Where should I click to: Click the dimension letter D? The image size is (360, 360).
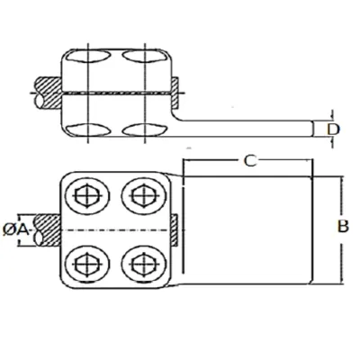pyautogui.click(x=333, y=130)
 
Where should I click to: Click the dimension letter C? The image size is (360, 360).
pyautogui.click(x=250, y=160)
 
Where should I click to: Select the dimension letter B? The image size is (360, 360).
pyautogui.click(x=343, y=227)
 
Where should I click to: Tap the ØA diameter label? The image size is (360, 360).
pyautogui.click(x=16, y=230)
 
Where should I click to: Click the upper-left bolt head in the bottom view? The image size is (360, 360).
pyautogui.click(x=86, y=196)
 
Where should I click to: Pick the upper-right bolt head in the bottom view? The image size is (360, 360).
pyautogui.click(x=144, y=196)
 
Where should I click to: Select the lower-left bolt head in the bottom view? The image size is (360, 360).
pyautogui.click(x=86, y=265)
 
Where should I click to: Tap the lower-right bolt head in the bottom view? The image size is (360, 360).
pyautogui.click(x=144, y=265)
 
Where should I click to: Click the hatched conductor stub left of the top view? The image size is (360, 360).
pyautogui.click(x=48, y=94)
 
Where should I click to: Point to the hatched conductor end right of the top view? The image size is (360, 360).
pyautogui.click(x=175, y=93)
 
